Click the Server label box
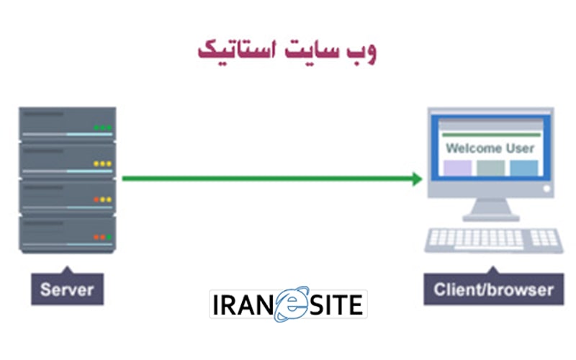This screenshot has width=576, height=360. click(x=67, y=290)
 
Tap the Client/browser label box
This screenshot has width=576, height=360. click(x=494, y=290)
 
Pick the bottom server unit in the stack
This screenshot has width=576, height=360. click(x=67, y=233)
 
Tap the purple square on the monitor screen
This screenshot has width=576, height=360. click(x=457, y=168)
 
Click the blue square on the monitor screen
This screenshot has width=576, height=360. click(x=524, y=168)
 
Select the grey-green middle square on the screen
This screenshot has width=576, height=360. click(x=491, y=168)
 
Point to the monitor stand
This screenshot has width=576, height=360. click(x=492, y=210)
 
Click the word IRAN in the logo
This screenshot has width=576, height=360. click(x=242, y=306)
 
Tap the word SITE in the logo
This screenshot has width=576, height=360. click(x=337, y=306)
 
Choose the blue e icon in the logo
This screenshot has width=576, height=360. click(x=290, y=305)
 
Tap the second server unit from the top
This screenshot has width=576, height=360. click(x=67, y=160)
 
